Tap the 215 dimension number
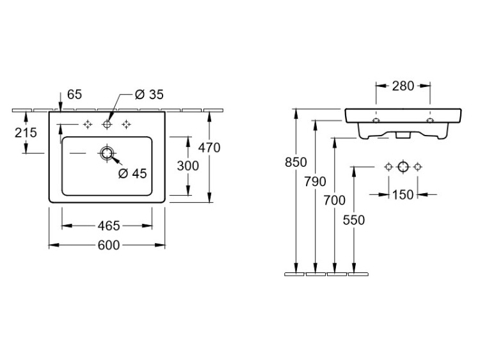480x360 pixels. pos(25,133)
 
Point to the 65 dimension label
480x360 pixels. pos(74,95)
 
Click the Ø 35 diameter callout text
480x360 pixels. pos(149,95)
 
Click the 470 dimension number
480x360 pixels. pos(209,148)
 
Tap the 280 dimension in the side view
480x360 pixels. pos(403,86)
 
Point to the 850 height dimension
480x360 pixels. pos(295,162)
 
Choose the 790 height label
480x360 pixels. pos(315,181)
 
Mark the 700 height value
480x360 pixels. pos(334,200)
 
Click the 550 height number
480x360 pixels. pos(353,219)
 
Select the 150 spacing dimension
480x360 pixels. pos(403,195)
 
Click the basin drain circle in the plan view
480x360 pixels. pos(107,153)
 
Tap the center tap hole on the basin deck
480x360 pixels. pos(107,124)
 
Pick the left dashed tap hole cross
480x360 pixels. pos(88,124)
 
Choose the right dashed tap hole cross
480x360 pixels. pos(127,124)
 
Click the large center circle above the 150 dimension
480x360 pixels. pos(403,167)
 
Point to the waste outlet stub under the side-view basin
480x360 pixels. pos(403,136)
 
